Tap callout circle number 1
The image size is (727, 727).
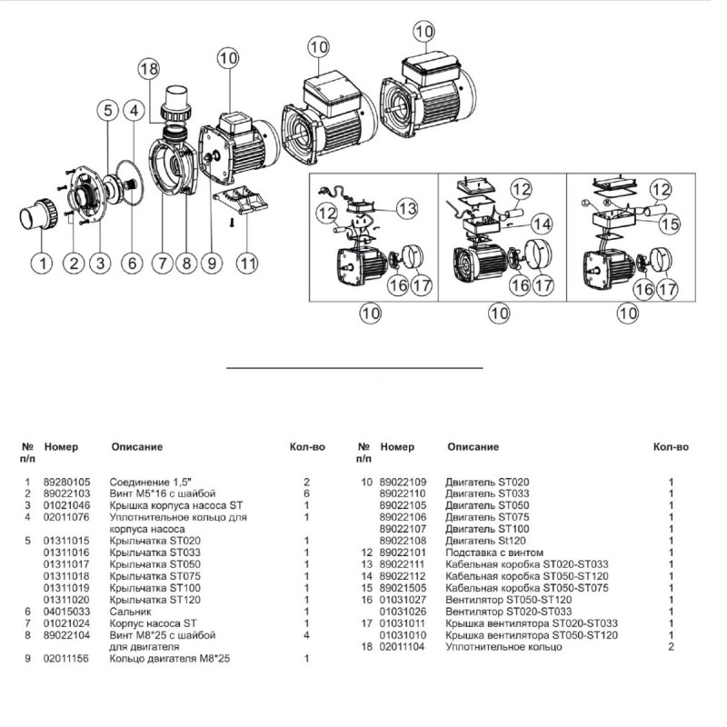point(40,264)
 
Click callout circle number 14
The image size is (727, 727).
point(542,223)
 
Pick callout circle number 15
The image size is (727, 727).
point(670,221)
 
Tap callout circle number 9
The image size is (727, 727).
point(212,264)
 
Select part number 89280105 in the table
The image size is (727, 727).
point(67,482)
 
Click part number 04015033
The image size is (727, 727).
point(67,612)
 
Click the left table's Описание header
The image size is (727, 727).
point(136,447)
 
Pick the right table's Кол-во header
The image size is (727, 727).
point(671,447)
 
